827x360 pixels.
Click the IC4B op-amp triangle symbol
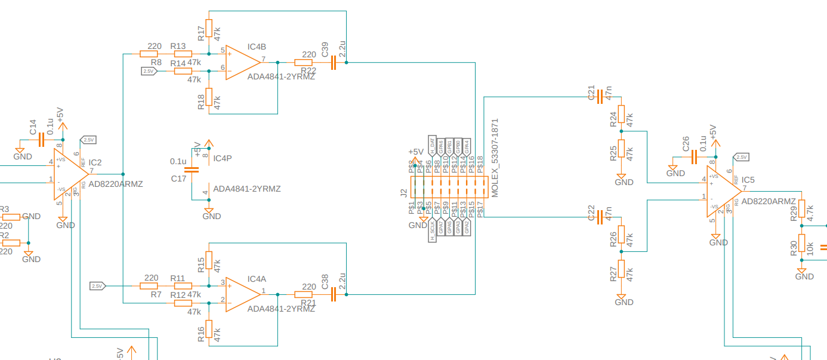(x=242, y=62)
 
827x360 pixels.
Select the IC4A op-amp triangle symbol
(x=242, y=294)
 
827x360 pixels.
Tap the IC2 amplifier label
(x=95, y=162)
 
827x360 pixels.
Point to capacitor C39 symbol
(x=334, y=62)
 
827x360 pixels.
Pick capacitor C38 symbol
(x=334, y=294)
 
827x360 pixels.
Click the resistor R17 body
(x=208, y=27)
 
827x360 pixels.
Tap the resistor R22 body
(x=304, y=62)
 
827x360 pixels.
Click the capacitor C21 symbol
(x=601, y=95)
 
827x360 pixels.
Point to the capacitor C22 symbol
(x=601, y=217)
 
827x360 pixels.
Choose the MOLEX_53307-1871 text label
(x=495, y=158)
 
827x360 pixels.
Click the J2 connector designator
(x=404, y=193)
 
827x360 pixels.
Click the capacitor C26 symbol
(x=694, y=157)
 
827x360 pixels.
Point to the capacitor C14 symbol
(x=41, y=140)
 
